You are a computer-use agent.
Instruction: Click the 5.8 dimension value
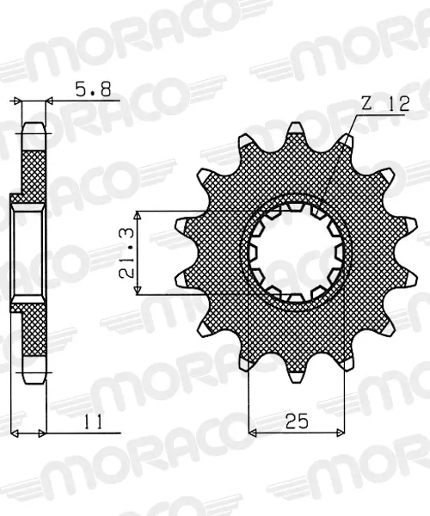(x=93, y=89)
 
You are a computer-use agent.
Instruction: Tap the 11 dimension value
(x=93, y=422)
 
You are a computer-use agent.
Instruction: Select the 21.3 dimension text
(x=127, y=253)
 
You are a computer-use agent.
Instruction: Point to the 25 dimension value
(x=297, y=421)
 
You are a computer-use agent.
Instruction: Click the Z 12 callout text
(x=385, y=103)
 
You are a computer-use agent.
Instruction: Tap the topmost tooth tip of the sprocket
(x=295, y=126)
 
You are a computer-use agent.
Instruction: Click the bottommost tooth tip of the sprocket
(x=296, y=379)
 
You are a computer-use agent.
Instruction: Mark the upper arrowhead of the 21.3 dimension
(x=138, y=216)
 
